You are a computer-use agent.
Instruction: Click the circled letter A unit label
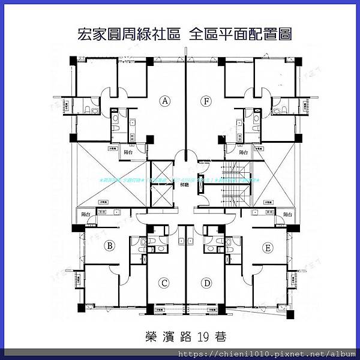[165, 101]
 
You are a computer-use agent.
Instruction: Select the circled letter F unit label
[206, 101]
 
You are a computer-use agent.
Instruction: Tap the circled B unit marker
[110, 245]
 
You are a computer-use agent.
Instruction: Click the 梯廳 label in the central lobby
[185, 185]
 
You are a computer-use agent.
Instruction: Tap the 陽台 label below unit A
[127, 152]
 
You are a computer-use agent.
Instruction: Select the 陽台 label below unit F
[244, 152]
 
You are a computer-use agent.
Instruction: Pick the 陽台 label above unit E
[287, 214]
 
